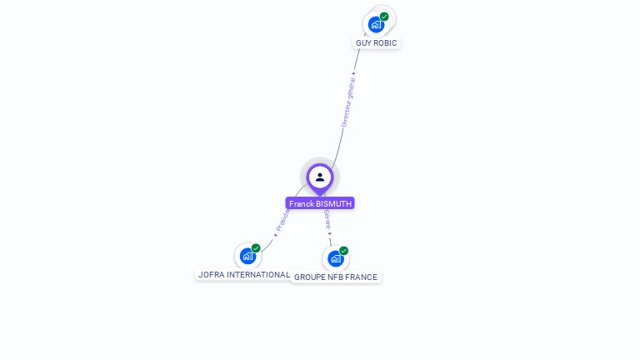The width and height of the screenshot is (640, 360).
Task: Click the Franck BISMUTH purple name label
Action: [320, 203]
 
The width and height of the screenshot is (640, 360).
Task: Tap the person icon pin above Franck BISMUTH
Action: [320, 177]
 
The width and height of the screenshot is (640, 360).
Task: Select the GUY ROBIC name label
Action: [377, 42]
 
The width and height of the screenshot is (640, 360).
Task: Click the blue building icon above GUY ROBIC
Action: [376, 24]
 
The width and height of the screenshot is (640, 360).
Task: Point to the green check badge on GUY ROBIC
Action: [384, 17]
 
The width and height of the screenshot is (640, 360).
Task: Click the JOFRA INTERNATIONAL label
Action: [243, 274]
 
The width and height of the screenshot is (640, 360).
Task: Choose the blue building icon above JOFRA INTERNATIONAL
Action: [247, 256]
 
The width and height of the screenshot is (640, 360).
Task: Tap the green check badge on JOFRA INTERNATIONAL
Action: [256, 248]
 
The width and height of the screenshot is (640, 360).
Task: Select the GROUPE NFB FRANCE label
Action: [336, 277]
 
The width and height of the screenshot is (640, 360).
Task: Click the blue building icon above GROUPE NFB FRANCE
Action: [335, 258]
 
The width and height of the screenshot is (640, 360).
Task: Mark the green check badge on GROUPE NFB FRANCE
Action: [343, 251]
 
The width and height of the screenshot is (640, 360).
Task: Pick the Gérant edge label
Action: [327, 219]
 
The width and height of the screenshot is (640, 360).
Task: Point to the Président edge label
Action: [282, 220]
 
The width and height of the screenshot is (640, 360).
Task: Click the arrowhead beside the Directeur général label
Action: [354, 73]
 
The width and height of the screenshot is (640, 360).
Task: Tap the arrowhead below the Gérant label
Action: [329, 234]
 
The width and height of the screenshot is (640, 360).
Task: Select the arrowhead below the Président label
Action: [276, 234]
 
